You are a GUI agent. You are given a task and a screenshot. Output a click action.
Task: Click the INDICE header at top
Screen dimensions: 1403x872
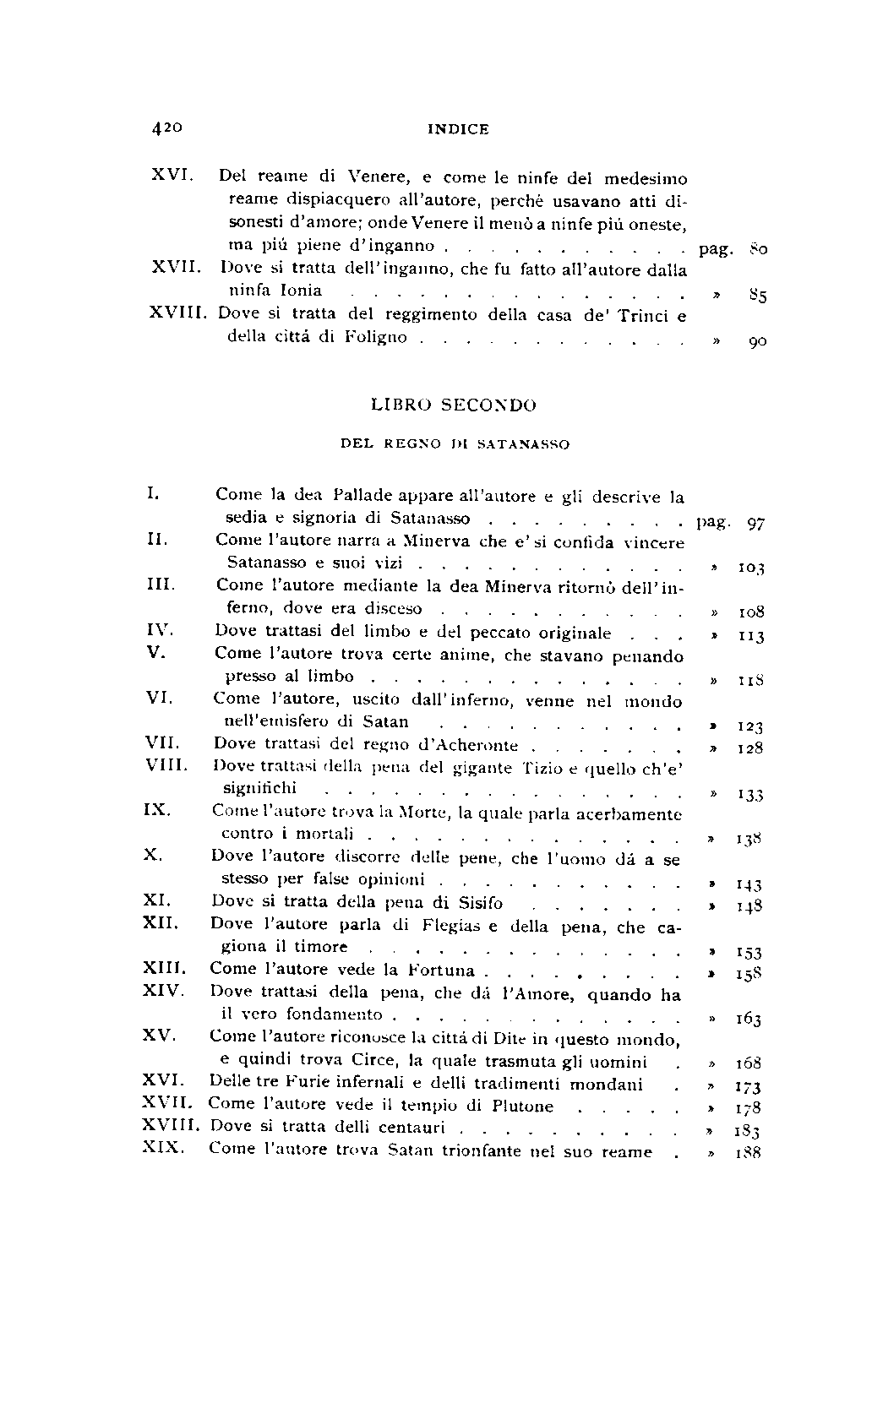(458, 130)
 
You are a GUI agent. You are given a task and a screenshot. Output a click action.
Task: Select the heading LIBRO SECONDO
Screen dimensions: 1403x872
(454, 405)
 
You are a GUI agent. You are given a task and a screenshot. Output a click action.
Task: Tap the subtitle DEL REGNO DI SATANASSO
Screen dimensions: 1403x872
(454, 443)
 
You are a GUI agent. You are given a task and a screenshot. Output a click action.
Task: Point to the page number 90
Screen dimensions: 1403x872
(757, 342)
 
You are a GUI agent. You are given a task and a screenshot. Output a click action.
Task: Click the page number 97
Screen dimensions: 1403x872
(756, 524)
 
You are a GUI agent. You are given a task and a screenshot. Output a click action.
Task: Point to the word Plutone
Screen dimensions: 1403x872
(522, 1107)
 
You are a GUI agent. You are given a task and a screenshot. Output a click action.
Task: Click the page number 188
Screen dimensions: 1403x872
(749, 1152)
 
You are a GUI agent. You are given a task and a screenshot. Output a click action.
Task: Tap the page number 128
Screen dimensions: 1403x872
(749, 748)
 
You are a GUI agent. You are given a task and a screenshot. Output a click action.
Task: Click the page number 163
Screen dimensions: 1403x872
(749, 1020)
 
